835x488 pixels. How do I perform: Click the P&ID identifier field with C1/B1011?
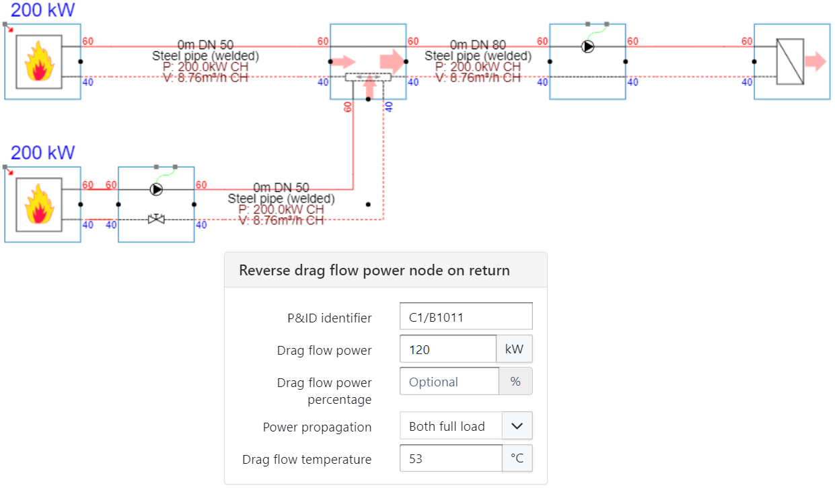point(466,316)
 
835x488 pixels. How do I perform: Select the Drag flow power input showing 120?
point(448,349)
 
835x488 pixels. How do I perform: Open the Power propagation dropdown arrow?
point(517,426)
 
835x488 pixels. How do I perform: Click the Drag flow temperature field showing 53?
point(451,459)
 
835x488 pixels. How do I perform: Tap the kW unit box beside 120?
point(514,349)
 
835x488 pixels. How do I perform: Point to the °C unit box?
point(517,459)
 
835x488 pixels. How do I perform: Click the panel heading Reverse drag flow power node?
point(374,271)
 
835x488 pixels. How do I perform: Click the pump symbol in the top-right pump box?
point(588,46)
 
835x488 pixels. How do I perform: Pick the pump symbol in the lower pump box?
point(156,190)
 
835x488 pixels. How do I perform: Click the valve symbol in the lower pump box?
point(156,219)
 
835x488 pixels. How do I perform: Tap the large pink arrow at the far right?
point(815,61)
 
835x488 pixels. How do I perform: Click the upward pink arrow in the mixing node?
point(368,86)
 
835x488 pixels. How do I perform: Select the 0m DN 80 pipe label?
point(478,44)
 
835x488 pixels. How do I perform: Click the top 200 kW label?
point(43,10)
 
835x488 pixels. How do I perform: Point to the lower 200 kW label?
point(43,153)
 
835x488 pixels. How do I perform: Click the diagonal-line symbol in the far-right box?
point(790,61)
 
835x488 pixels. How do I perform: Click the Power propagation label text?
point(317,427)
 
